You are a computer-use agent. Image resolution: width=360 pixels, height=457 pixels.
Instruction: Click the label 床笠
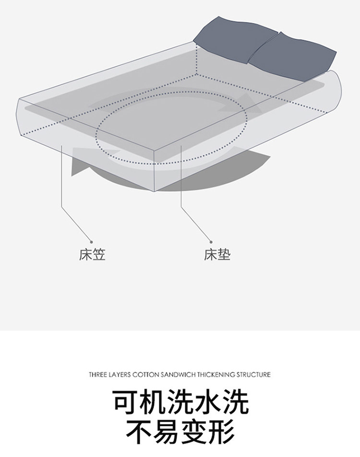pyautogui.click(x=92, y=254)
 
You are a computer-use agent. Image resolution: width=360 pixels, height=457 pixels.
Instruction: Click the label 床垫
pyautogui.click(x=217, y=254)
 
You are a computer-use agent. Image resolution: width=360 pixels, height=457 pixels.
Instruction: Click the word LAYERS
pyautogui.click(x=121, y=375)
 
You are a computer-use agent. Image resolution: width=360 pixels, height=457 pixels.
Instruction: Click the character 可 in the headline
pyautogui.click(x=126, y=403)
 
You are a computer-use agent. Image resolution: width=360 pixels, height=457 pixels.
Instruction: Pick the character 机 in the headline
pyautogui.click(x=153, y=403)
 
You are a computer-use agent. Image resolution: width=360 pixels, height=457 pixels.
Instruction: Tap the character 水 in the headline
pyautogui.click(x=208, y=403)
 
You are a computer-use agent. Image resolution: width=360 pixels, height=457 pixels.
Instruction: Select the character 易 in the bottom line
pyautogui.click(x=167, y=433)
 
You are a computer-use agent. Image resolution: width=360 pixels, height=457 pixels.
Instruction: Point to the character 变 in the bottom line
pyautogui.click(x=194, y=433)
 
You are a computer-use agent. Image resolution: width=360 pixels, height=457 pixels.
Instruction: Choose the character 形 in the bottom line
pyautogui.click(x=221, y=433)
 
